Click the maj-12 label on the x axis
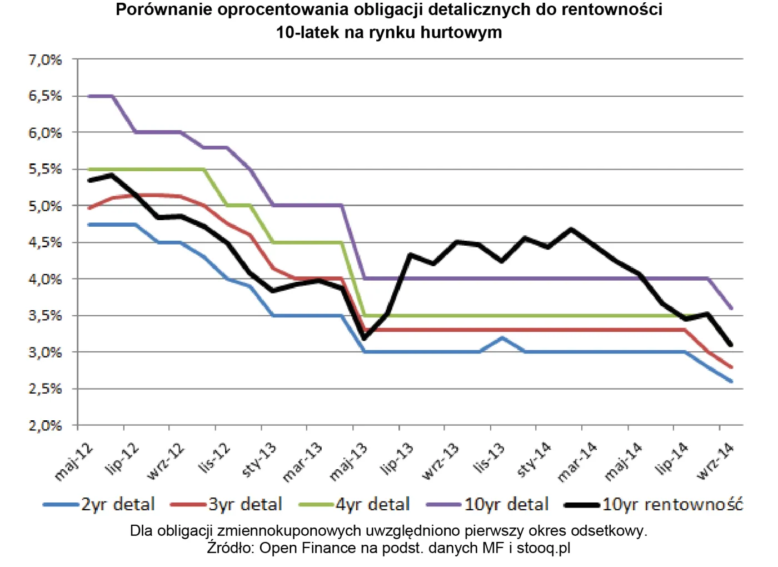[x=74, y=461]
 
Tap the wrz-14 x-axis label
[x=716, y=461]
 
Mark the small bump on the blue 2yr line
[x=502, y=337]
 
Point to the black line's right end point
[x=731, y=345]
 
